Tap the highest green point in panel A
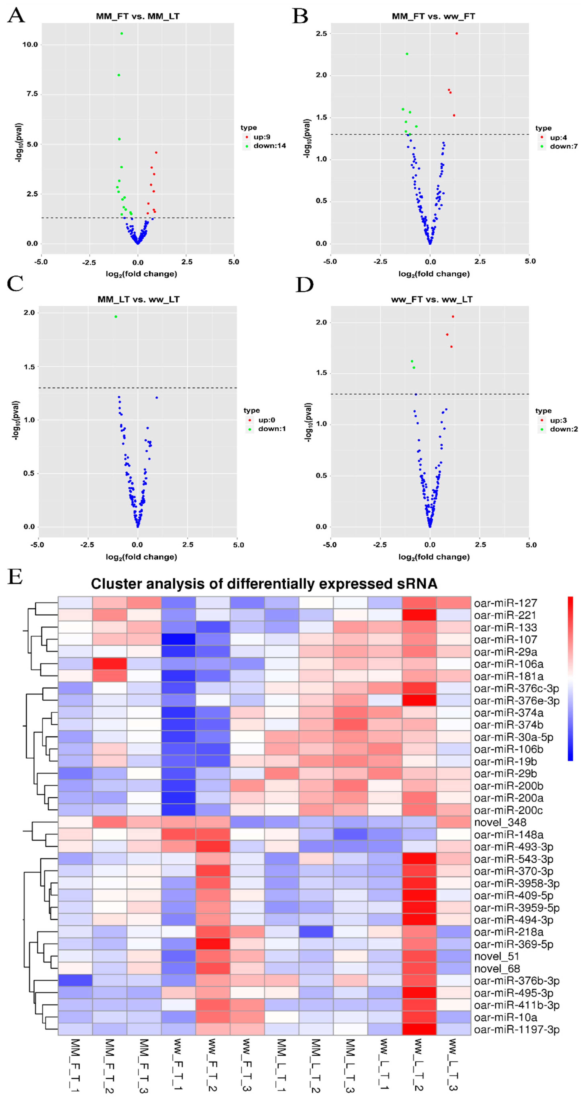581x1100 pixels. click(122, 33)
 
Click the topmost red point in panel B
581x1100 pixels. click(456, 33)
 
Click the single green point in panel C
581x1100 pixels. click(116, 316)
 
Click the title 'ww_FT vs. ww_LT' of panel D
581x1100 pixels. click(432, 299)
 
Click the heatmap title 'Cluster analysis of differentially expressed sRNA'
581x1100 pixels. click(264, 584)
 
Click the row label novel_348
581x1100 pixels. click(500, 822)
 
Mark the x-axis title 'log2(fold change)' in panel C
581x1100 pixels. click(141, 557)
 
